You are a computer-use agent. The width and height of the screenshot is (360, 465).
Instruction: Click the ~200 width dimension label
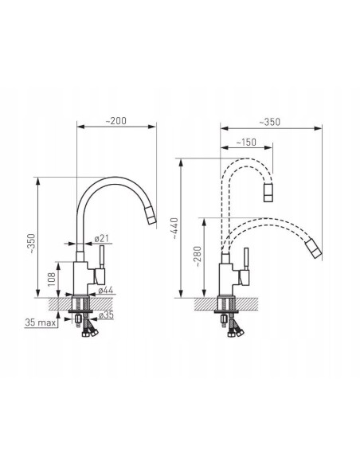point(116,121)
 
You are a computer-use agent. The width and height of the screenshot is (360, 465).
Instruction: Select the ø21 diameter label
point(102,238)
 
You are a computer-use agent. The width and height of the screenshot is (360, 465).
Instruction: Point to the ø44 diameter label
point(106,290)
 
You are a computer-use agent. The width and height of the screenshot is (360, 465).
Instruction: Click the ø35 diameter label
point(106,315)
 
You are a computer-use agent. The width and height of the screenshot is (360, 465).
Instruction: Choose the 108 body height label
point(52,279)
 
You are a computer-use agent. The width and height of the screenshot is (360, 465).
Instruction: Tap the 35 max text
point(41,322)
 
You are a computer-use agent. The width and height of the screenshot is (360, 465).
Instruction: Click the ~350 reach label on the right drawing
point(269,122)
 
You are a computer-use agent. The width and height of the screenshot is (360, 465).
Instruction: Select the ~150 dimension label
point(246,143)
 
